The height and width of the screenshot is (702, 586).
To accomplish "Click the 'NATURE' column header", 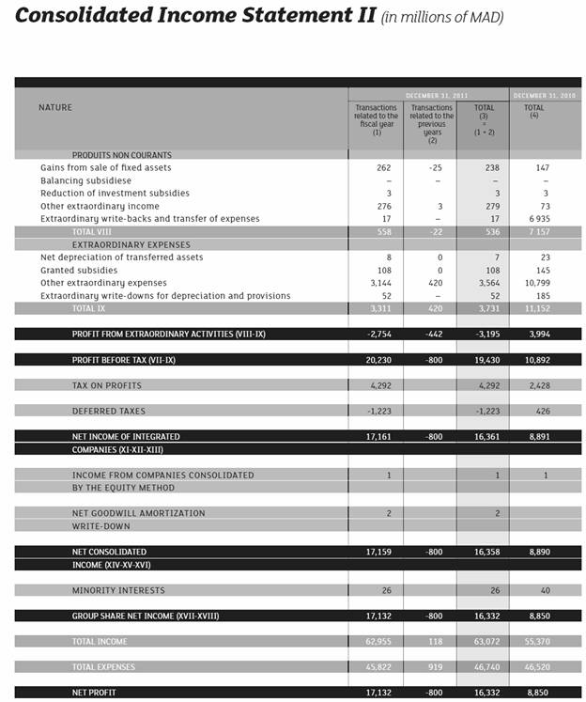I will pos(55,108).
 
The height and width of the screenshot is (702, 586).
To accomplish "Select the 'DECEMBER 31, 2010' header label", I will pos(546,96).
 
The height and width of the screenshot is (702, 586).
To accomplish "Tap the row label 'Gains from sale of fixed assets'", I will pos(105,167).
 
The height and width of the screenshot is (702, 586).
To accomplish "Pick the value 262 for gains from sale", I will pos(382,167).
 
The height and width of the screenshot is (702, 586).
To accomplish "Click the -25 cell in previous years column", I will pos(434,167).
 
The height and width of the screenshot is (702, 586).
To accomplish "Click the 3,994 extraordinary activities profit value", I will pos(539,334).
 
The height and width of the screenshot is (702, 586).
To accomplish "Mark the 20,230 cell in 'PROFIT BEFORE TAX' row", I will pos(378,360).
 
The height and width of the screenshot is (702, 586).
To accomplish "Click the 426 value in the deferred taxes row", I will pos(542,411).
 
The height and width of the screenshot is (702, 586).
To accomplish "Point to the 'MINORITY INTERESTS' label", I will pos(117,590).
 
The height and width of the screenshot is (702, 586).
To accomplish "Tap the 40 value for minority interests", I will pos(544,590).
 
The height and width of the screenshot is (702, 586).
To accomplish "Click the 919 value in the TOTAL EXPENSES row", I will pos(434,667).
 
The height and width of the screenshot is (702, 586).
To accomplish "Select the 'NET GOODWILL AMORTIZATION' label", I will pos(138,513).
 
